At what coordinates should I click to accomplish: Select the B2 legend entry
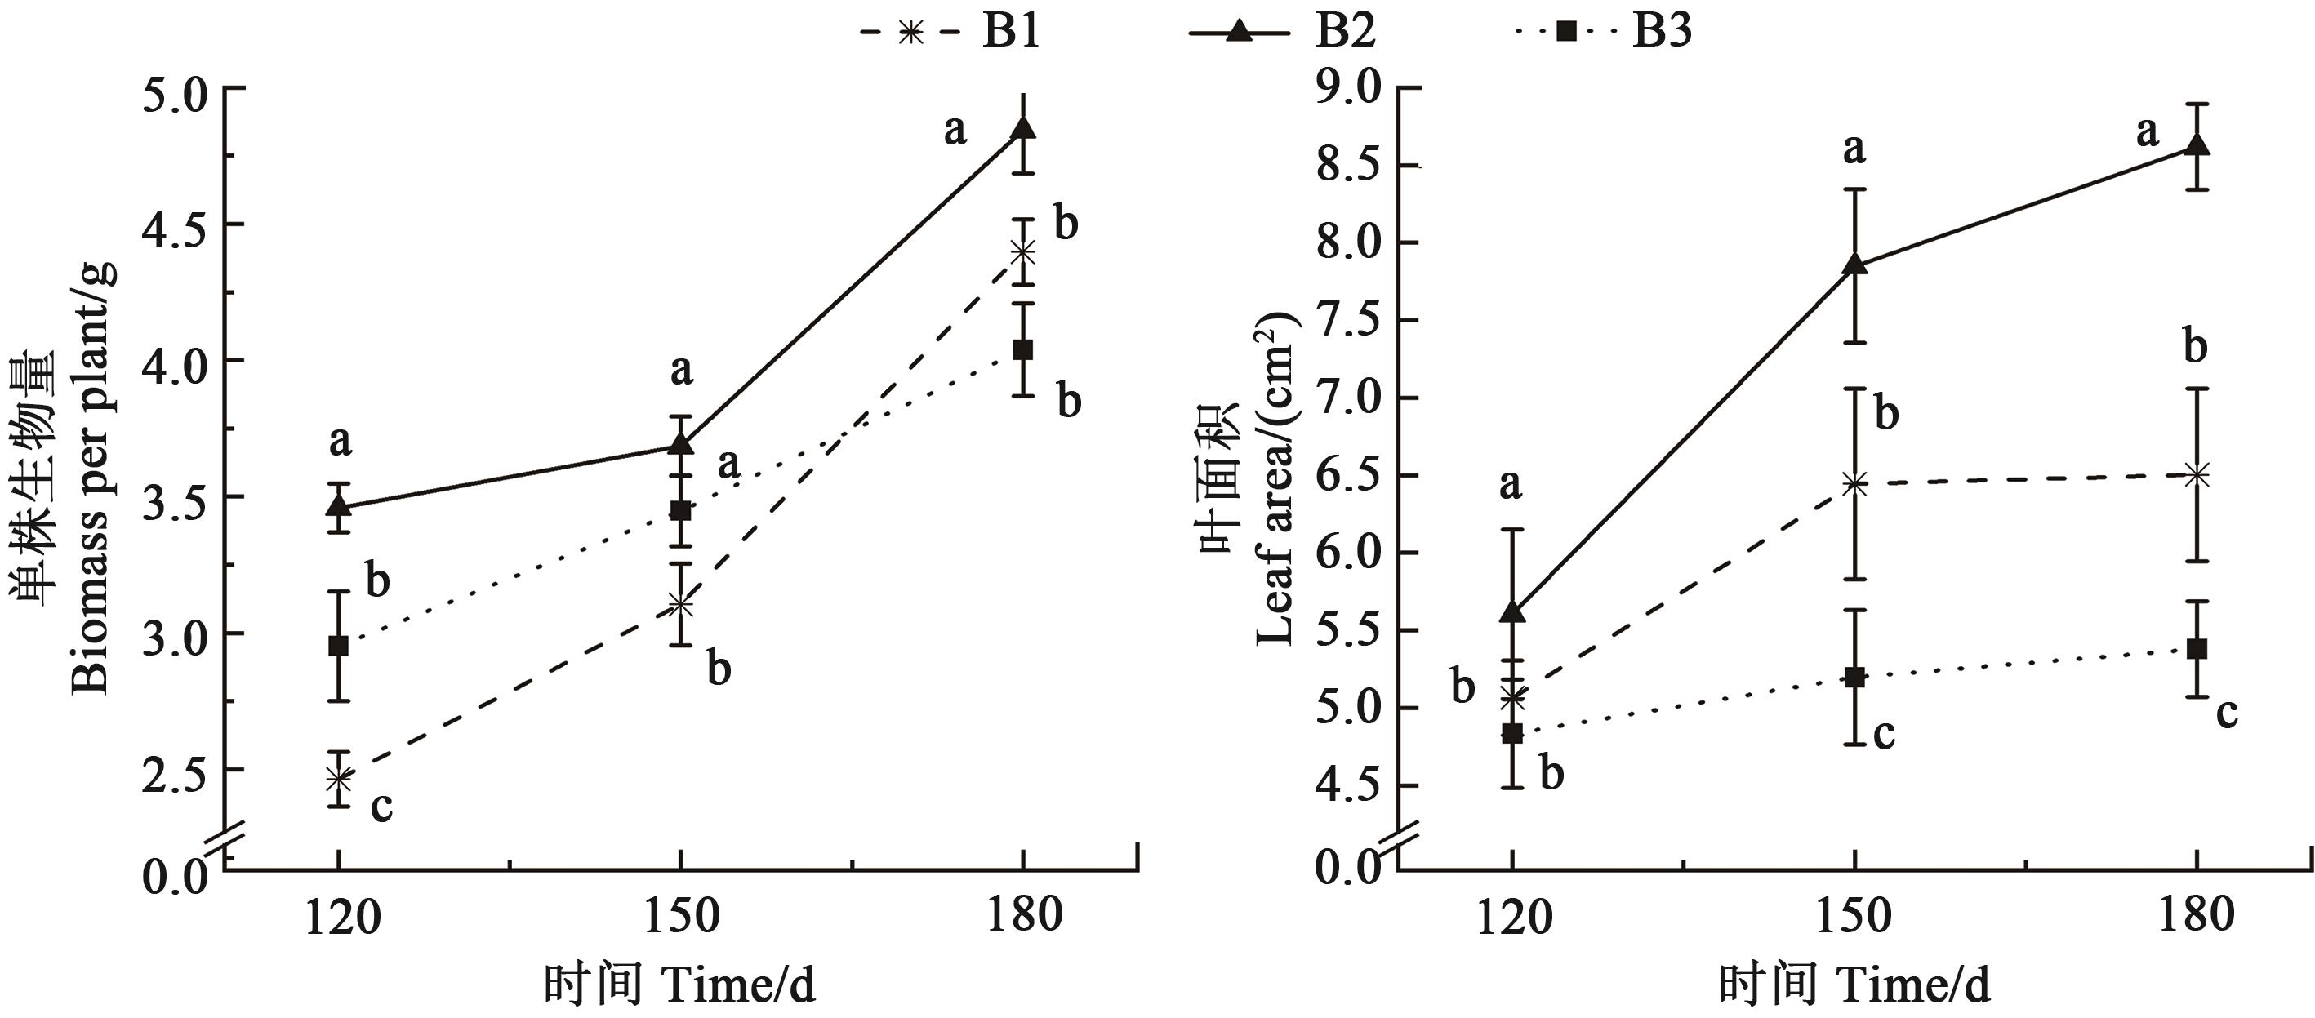[x=1280, y=33]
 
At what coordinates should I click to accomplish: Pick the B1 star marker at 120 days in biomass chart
[x=339, y=778]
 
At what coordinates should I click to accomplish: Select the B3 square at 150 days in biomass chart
[x=681, y=510]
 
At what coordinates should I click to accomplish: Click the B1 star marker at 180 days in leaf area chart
[x=2197, y=474]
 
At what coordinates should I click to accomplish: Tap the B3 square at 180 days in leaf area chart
[x=2197, y=649]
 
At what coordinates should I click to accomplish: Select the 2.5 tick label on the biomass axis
[x=176, y=771]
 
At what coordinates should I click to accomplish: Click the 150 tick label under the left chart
[x=681, y=916]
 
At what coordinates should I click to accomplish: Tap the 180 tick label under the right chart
[x=2197, y=916]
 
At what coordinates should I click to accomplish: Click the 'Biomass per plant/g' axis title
[x=90, y=476]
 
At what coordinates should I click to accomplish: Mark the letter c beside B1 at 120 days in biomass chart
[x=381, y=806]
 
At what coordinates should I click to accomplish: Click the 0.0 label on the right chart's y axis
[x=1349, y=867]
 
